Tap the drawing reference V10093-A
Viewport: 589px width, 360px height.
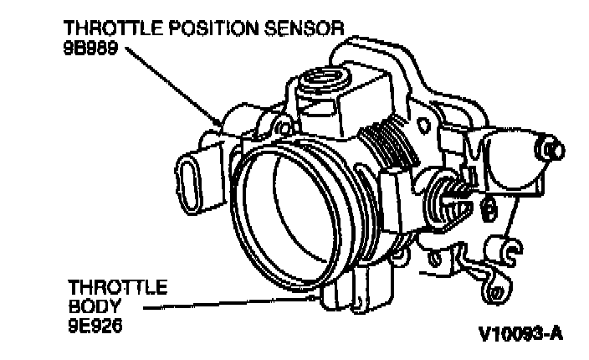520,334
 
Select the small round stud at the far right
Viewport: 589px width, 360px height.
551,148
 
